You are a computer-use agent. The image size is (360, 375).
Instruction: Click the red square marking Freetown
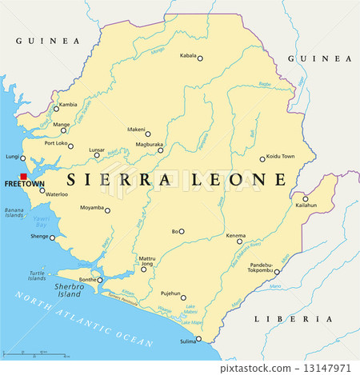click(24, 176)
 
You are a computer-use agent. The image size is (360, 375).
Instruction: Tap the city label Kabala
click(187, 57)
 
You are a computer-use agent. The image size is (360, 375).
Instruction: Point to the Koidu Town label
click(280, 156)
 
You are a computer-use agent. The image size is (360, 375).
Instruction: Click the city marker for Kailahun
click(305, 198)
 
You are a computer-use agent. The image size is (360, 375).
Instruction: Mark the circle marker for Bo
click(182, 231)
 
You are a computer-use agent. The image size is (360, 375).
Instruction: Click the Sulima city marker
click(198, 339)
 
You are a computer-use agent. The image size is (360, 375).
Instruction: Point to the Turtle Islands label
click(37, 276)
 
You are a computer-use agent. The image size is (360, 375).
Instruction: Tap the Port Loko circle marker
click(70, 146)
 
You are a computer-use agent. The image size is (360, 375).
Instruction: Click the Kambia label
click(69, 105)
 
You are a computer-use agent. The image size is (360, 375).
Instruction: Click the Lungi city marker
click(23, 158)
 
